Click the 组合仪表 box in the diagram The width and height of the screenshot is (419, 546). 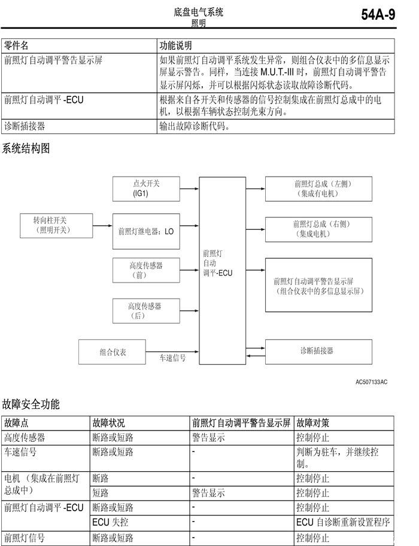113,352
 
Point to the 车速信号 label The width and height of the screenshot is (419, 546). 172,358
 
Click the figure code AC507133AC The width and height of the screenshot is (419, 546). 371,381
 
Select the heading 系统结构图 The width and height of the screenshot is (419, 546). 26,148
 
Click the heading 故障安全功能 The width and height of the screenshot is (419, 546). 31,405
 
